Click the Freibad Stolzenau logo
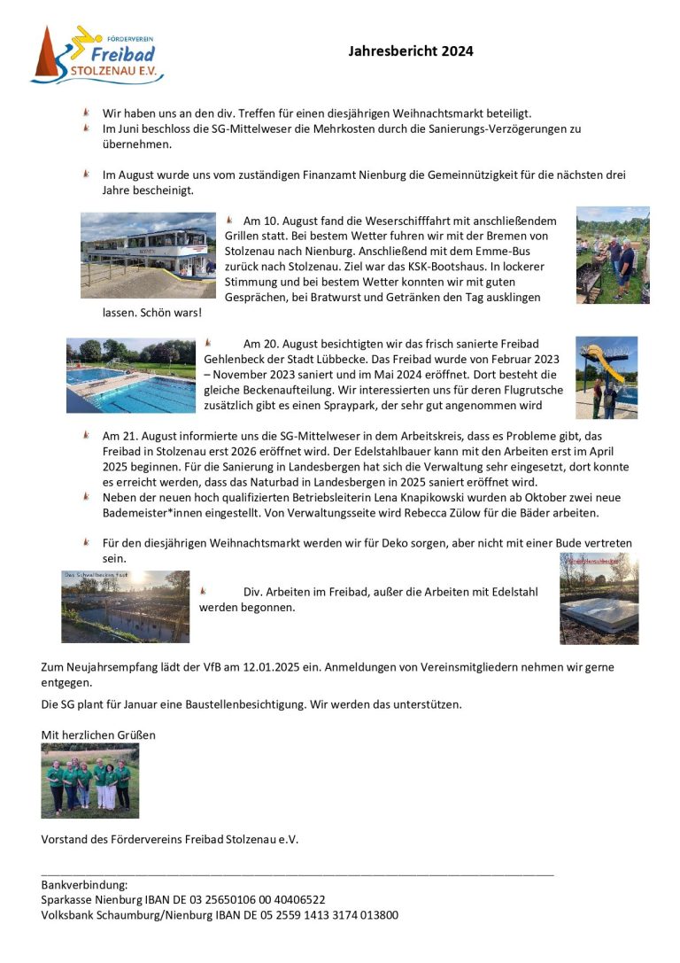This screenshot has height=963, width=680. [97, 55]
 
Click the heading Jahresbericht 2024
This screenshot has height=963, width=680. [411, 51]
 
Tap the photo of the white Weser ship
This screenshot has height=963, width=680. [148, 255]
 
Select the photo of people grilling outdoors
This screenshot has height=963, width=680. [613, 255]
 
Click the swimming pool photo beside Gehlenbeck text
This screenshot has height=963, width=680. [130, 375]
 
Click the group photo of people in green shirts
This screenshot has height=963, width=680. [89, 780]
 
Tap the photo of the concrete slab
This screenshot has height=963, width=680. [599, 598]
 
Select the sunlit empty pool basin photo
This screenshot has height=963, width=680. [125, 606]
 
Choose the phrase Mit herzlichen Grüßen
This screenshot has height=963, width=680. [98, 735]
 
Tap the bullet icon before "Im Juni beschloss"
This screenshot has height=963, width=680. [87, 128]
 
